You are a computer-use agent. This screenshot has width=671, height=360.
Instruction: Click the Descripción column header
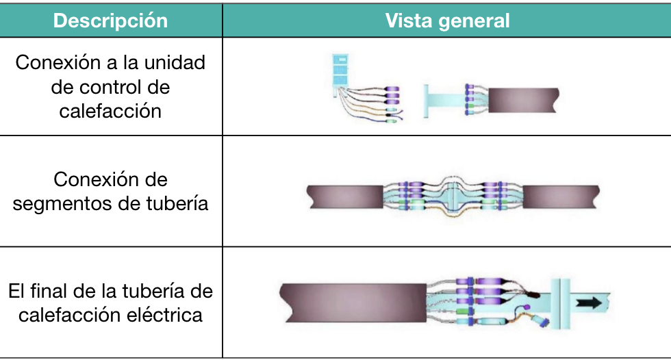point(110,21)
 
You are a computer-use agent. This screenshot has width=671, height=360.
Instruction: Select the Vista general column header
point(447,21)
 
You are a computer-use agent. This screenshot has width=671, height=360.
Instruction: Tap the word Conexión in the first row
point(58,62)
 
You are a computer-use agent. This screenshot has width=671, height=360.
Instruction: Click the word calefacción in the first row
point(110,111)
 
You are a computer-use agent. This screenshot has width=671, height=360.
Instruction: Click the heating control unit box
point(340,70)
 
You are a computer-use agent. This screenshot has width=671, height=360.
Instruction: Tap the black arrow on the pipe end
point(589,303)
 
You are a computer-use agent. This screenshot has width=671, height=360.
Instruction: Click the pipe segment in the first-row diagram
point(523,101)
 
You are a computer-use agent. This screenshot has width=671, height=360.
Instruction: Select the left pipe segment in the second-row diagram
point(345,197)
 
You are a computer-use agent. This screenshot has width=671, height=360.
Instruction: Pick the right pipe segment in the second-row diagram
point(561,197)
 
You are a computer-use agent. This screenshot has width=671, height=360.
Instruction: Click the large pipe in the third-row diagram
point(353,303)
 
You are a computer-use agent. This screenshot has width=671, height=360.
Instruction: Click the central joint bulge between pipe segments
point(453,197)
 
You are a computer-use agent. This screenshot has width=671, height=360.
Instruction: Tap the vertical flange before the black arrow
point(560,304)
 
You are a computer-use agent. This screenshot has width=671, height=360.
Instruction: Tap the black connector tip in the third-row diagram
point(534,294)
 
